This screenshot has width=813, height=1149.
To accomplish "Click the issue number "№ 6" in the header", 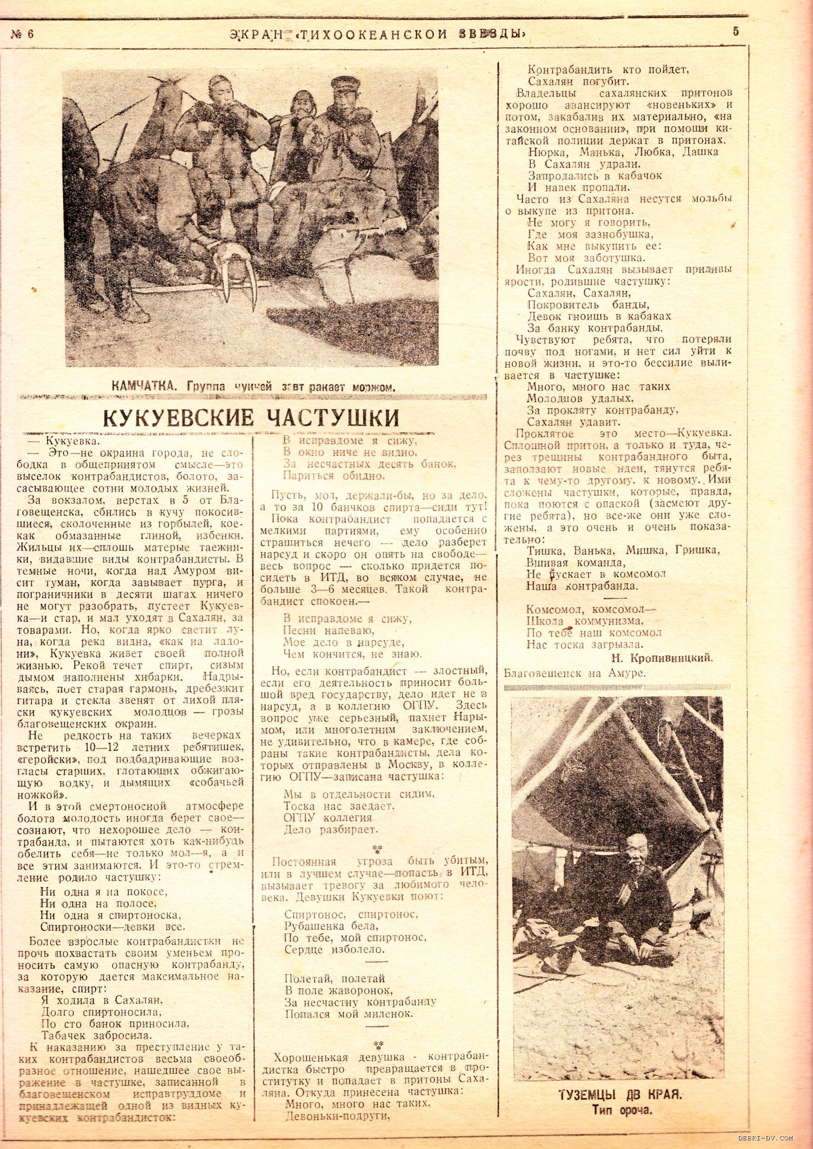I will [x=23, y=34].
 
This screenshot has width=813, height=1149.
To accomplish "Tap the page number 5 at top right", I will [x=735, y=31].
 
